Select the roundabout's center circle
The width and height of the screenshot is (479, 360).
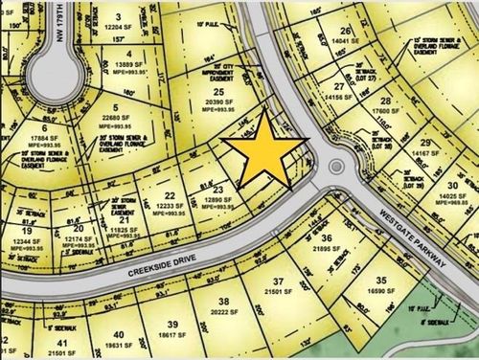pos(336,167)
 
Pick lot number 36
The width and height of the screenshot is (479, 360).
pos(327,238)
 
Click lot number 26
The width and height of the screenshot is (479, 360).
pos(346,31)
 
